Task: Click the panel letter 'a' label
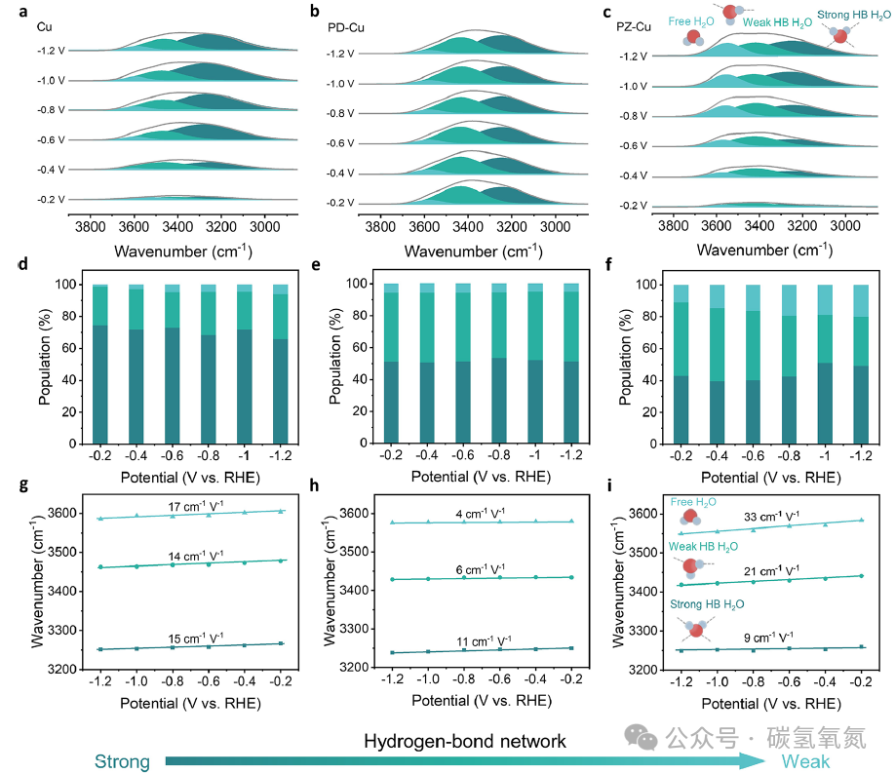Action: tap(22, 12)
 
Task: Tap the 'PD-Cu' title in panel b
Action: tap(346, 27)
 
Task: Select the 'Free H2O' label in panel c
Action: tap(690, 21)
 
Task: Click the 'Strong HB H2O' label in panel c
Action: tap(853, 16)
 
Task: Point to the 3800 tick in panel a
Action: tap(91, 226)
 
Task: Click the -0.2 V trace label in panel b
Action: tap(340, 203)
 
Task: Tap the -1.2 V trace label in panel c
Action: tap(633, 57)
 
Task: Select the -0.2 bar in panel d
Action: tap(99, 364)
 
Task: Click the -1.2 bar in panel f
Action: tap(861, 365)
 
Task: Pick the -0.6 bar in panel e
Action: tap(463, 363)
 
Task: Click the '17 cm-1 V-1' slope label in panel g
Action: tap(196, 506)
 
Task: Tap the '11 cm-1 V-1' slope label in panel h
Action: tap(484, 641)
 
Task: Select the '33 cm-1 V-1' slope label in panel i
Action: tap(771, 517)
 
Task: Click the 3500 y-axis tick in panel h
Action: tap(353, 552)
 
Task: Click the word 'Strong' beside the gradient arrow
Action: tap(122, 761)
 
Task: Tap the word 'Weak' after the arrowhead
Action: tap(805, 761)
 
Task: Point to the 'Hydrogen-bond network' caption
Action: tap(465, 741)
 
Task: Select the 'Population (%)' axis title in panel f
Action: tap(626, 358)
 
